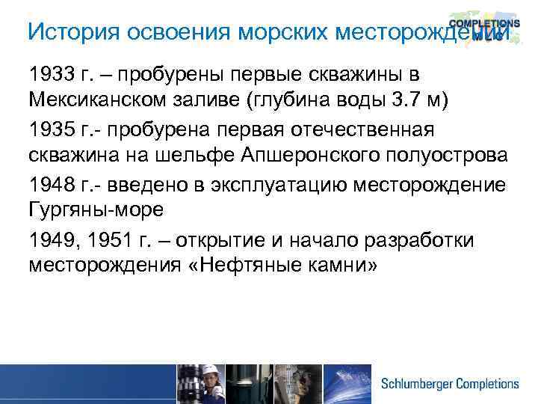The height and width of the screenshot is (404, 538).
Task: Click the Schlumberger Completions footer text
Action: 449,384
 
